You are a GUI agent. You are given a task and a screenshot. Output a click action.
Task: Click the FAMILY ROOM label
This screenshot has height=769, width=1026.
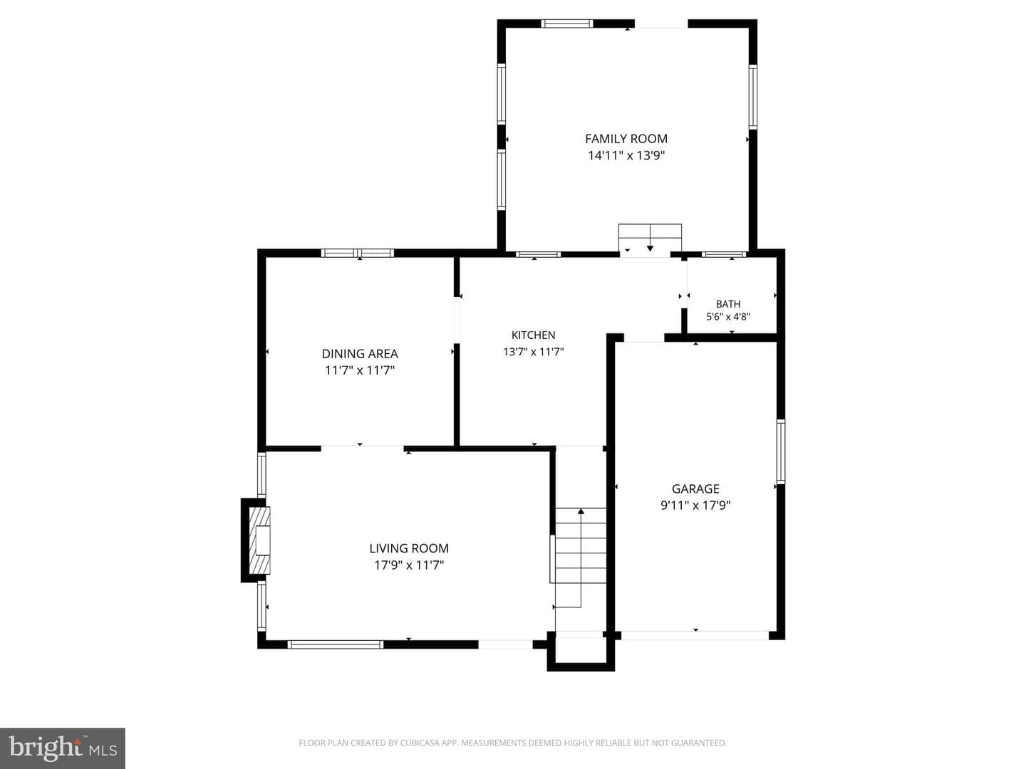coord(626,139)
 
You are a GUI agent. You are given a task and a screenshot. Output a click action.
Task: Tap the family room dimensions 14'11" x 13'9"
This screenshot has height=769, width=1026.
coord(626,155)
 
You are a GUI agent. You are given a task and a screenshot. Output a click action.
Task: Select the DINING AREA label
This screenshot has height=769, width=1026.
coord(360,353)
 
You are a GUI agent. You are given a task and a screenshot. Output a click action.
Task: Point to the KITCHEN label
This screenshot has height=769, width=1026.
coord(534,335)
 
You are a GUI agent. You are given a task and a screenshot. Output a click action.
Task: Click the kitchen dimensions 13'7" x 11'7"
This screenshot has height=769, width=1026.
coord(534,352)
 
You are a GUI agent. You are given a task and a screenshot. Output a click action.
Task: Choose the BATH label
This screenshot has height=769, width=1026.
coord(727,304)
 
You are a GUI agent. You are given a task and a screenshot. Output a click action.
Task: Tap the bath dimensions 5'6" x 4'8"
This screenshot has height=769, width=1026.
coord(727,317)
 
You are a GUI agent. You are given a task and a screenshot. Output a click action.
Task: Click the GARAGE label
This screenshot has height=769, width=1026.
coord(695,488)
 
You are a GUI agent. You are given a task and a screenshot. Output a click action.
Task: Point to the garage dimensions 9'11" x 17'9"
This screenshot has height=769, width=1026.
coord(695,506)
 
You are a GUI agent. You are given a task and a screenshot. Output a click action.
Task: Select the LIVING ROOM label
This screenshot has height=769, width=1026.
coord(409,548)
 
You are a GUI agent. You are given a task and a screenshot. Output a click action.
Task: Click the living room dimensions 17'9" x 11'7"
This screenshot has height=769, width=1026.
coord(409,565)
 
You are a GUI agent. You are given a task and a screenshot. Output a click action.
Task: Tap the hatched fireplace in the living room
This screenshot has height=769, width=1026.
coord(260,540)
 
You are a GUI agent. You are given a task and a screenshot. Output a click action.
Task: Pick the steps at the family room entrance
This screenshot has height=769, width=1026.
coord(650,238)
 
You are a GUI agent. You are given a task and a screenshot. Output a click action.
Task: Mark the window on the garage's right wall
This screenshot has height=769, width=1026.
coord(781,451)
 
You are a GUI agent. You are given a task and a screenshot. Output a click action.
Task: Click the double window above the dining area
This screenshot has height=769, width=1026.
coord(358,253)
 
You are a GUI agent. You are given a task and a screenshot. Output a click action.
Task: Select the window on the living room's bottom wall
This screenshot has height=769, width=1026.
coord(335,644)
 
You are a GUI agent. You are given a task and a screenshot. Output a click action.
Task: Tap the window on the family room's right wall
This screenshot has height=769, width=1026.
coord(753,97)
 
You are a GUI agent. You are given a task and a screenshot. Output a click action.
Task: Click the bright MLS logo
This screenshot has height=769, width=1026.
coord(63,748)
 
